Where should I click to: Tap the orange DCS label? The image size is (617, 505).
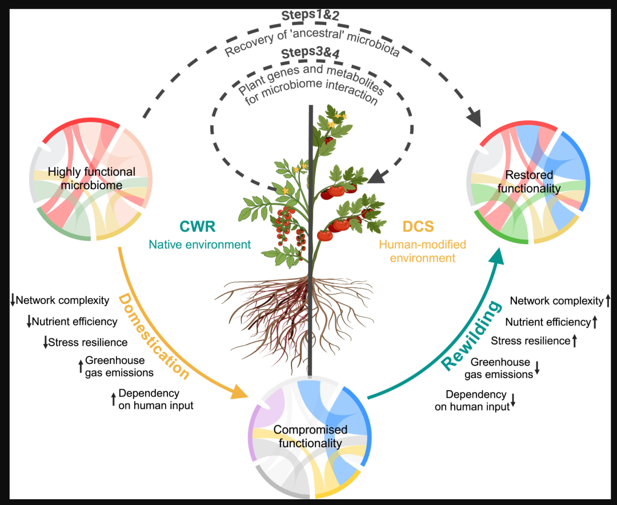[x=418, y=226]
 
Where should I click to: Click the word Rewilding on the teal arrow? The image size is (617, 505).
[x=471, y=335]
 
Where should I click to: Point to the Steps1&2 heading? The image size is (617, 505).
[x=310, y=15]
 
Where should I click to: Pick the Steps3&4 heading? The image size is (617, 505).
[x=310, y=53]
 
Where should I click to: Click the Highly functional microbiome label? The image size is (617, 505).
[x=91, y=178]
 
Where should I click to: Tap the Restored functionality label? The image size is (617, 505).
[x=529, y=182]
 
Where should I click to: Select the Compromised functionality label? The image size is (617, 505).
[x=310, y=436]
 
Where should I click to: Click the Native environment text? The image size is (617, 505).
[x=199, y=245]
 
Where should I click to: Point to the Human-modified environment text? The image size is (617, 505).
[x=422, y=251]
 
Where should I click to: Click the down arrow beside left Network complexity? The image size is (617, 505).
[x=13, y=300]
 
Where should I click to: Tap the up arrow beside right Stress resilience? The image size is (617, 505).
[x=575, y=340]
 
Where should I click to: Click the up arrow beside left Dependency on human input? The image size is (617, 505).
[x=113, y=399]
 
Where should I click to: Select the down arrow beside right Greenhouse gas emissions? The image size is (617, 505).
[x=537, y=368]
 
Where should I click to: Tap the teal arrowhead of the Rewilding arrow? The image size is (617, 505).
[x=496, y=257]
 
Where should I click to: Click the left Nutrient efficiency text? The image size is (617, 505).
[x=74, y=322]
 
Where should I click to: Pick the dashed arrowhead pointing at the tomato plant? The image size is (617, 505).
[x=377, y=176]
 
